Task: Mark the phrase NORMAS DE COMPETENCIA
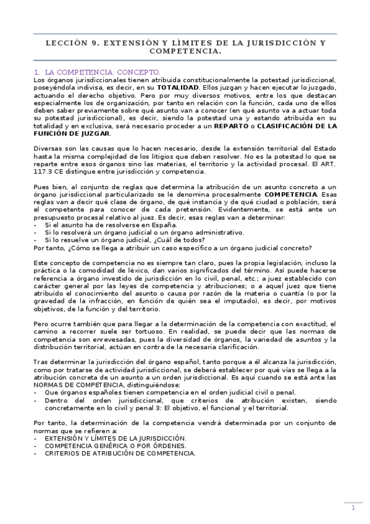click(x=74, y=384)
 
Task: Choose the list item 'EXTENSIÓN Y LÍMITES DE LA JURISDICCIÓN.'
click(x=115, y=437)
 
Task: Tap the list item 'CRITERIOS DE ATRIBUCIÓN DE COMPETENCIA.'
click(x=120, y=452)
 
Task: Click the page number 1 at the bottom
click(x=353, y=508)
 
